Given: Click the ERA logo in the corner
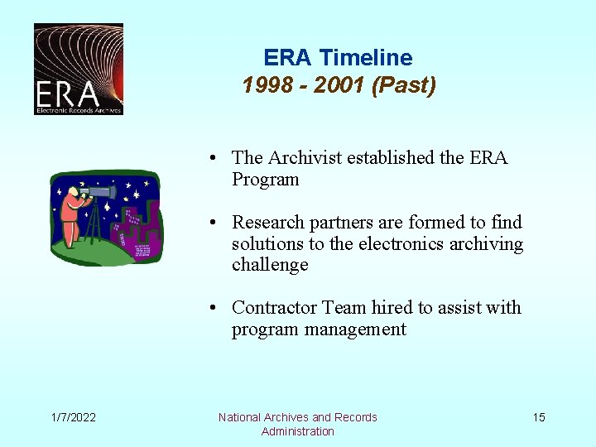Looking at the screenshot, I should pyautogui.click(x=78, y=69).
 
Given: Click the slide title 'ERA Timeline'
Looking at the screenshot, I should pyautogui.click(x=338, y=58).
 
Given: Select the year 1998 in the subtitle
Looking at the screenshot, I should pyautogui.click(x=264, y=85).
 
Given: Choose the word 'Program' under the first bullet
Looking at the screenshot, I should pyautogui.click(x=265, y=180).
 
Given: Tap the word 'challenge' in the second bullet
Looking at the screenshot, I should pyautogui.click(x=270, y=265).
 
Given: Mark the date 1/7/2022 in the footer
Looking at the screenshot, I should pyautogui.click(x=72, y=417).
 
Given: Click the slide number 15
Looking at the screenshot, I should pyautogui.click(x=539, y=417).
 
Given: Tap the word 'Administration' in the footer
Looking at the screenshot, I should pyautogui.click(x=297, y=431).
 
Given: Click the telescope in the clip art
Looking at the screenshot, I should pyautogui.click(x=99, y=193).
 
